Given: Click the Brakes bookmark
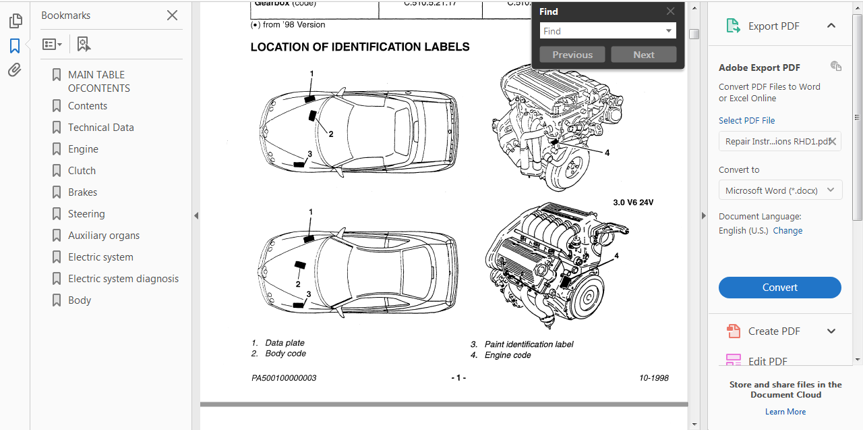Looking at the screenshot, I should click(x=82, y=192).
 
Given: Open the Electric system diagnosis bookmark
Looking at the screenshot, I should click(x=123, y=279).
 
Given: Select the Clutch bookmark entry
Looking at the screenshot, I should click(x=82, y=171).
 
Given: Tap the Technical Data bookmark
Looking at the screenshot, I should click(x=100, y=128).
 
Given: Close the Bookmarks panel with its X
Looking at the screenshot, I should click(x=172, y=16).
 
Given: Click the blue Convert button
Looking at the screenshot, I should click(x=779, y=288).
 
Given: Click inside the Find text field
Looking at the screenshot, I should click(x=601, y=31).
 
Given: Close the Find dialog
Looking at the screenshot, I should click(x=670, y=11).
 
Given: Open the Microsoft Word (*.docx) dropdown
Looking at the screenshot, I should click(x=780, y=190).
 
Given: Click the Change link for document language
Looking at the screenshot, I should click(x=787, y=231).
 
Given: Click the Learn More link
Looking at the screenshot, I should click(x=785, y=412).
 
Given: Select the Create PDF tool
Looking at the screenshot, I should click(x=773, y=331).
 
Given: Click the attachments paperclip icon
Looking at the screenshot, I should click(x=15, y=70).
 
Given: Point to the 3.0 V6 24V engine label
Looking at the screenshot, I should click(x=633, y=203).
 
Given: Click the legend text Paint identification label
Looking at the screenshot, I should click(x=529, y=344).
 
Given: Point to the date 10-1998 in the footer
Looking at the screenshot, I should click(x=653, y=378).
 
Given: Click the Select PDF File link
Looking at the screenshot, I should click(x=746, y=121).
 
